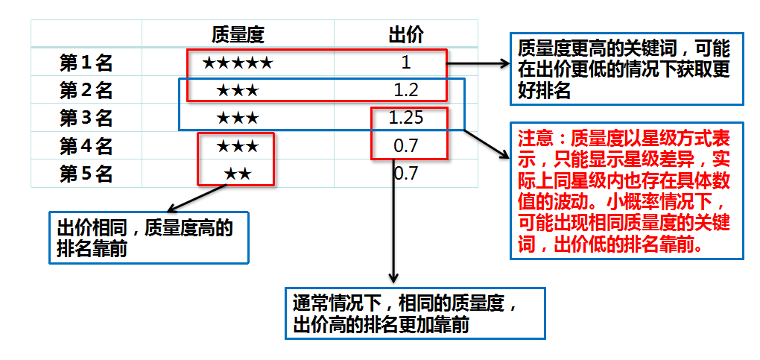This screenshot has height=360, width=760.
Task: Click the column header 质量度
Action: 238,34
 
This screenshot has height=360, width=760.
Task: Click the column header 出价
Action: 405,34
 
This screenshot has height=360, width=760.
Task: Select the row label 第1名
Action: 86,63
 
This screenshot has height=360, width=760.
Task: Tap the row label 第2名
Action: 86,91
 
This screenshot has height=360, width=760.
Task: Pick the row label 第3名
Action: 86,118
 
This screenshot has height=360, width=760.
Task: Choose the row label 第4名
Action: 86,146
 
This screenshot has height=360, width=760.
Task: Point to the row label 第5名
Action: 86,174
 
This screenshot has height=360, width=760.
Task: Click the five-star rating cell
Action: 238,63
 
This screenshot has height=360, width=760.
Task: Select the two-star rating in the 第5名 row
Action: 238,174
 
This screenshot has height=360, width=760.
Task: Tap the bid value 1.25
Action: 406,118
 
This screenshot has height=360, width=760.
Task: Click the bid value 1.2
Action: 406,90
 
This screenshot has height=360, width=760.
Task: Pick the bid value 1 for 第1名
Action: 406,63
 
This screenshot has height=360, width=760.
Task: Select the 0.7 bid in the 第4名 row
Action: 406,146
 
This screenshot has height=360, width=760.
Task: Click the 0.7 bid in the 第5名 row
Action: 406,174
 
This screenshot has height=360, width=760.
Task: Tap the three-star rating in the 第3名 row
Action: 238,118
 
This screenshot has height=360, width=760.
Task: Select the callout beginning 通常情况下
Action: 414,314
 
